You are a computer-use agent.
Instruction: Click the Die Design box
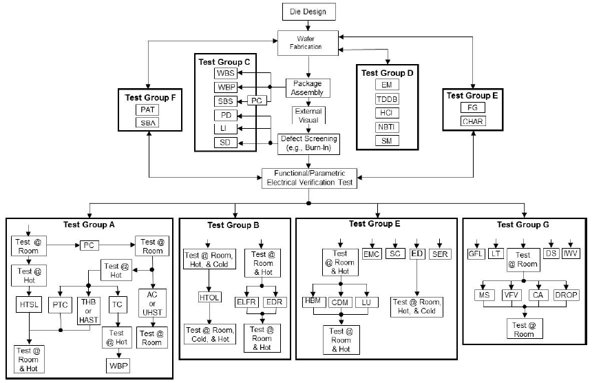click(x=309, y=12)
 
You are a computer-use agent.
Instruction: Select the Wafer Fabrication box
click(x=309, y=41)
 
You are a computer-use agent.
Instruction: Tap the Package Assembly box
click(x=308, y=87)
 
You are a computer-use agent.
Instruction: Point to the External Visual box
click(x=308, y=115)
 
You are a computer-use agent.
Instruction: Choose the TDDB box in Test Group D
click(x=387, y=99)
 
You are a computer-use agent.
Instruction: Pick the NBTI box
click(x=387, y=127)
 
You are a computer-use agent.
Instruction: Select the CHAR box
click(x=474, y=121)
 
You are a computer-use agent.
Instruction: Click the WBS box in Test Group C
click(x=225, y=73)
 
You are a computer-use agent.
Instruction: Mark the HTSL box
click(x=28, y=305)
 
